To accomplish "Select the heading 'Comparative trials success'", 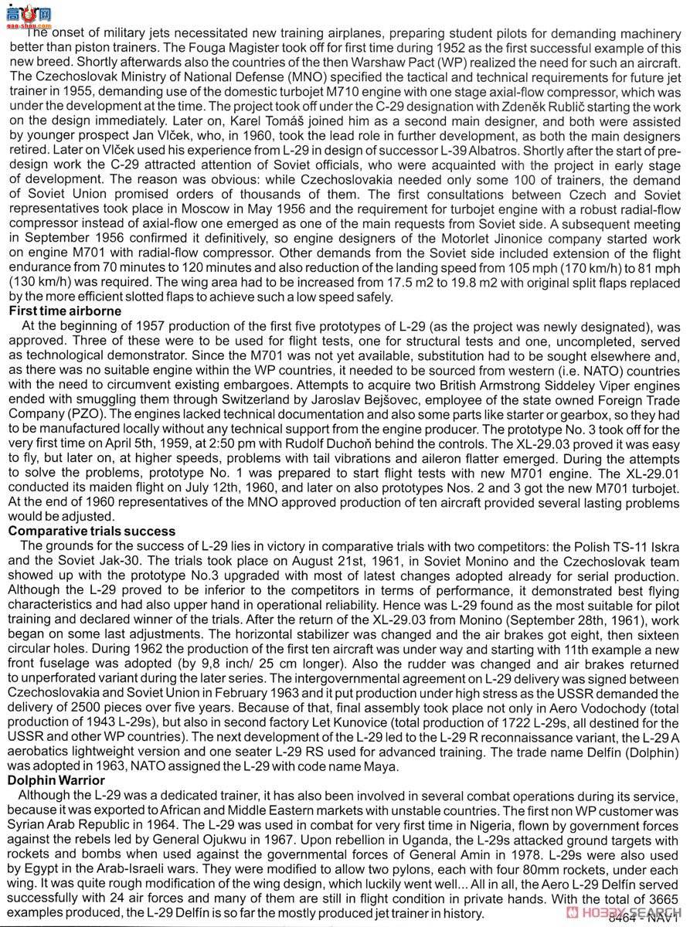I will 91,531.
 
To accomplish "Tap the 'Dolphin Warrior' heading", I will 57,780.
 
